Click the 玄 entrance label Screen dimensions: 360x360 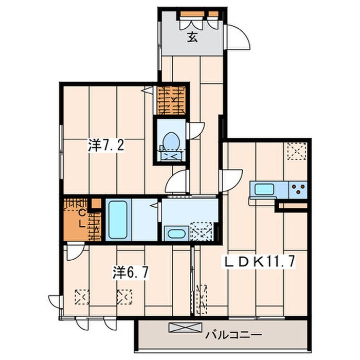pos(192,37)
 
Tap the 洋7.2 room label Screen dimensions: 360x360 pos(106,146)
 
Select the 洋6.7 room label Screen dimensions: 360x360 pos(131,273)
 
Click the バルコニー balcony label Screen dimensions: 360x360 pos(233,335)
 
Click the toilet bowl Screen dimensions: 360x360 pos(171,140)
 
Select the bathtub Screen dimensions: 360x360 pos(118,220)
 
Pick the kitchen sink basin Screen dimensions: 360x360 pos(264,189)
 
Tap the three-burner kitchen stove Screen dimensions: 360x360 pos(298,189)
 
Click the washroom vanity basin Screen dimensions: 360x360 pos(176,233)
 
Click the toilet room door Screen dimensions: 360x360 pos(195,131)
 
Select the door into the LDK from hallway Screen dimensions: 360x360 pos(231,181)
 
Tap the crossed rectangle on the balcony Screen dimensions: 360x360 pos(185,328)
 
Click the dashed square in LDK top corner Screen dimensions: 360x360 pos(297,151)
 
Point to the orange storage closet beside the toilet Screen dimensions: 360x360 pos(171,101)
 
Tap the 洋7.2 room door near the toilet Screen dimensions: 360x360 pos(177,182)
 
